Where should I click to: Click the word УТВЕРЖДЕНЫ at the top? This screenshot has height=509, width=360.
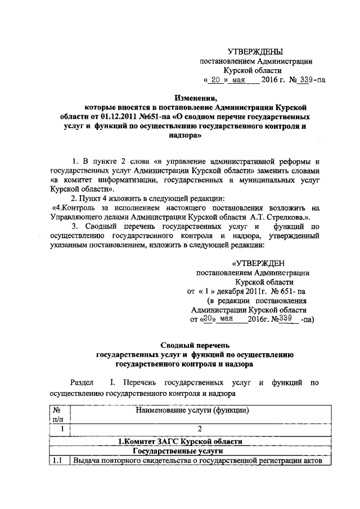[258, 52]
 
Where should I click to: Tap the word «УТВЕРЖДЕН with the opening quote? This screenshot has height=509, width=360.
[258, 263]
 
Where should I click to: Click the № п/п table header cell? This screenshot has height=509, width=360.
[58, 415]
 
